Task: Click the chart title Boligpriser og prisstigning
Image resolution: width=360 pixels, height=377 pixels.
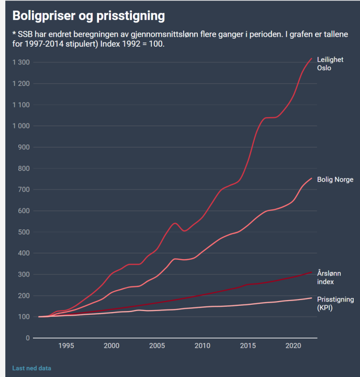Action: pos(88,16)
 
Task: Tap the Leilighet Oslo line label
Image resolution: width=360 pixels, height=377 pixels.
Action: pos(330,64)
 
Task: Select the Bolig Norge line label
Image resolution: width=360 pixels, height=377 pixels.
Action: pos(335,180)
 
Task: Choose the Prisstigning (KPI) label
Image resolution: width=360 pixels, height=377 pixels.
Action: pos(335,304)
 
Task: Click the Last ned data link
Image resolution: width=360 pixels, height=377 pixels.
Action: pos(31,368)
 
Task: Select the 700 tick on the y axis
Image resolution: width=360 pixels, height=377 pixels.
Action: pos(24,190)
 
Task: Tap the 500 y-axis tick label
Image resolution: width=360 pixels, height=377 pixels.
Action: pos(24,232)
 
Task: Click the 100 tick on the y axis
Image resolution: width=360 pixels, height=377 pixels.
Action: pos(24,317)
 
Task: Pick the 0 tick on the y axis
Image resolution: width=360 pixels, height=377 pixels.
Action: pos(27,338)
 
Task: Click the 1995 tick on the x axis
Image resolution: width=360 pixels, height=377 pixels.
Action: pos(65,346)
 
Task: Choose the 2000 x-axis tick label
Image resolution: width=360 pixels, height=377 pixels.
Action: pos(111,346)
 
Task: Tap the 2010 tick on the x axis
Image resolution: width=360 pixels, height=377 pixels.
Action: pos(202,346)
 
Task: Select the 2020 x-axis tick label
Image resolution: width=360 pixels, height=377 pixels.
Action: pos(293,346)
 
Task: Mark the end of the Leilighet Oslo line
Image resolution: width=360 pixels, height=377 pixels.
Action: pos(311,58)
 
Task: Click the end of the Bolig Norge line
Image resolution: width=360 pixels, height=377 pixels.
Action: pos(311,178)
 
